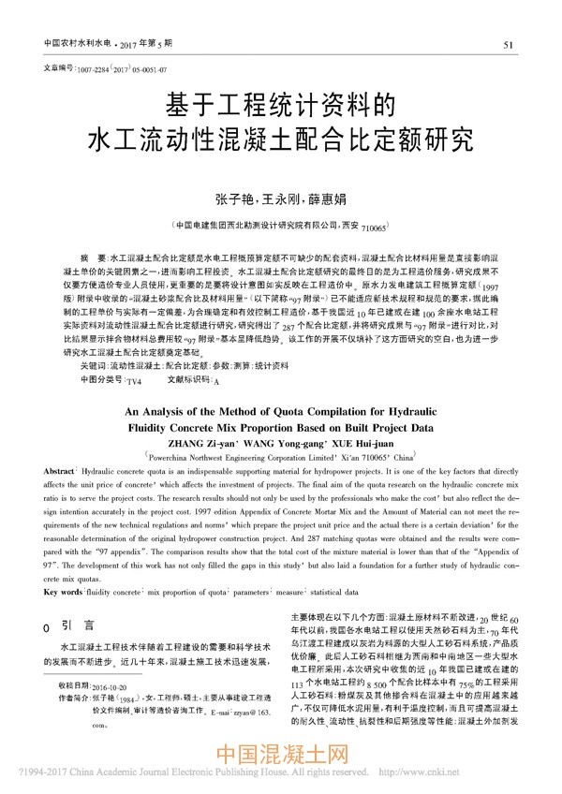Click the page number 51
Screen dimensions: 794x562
[x=508, y=44]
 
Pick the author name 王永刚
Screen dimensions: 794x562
[x=280, y=199]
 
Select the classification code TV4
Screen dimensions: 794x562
[x=133, y=382]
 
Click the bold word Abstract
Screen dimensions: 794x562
[x=59, y=474]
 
